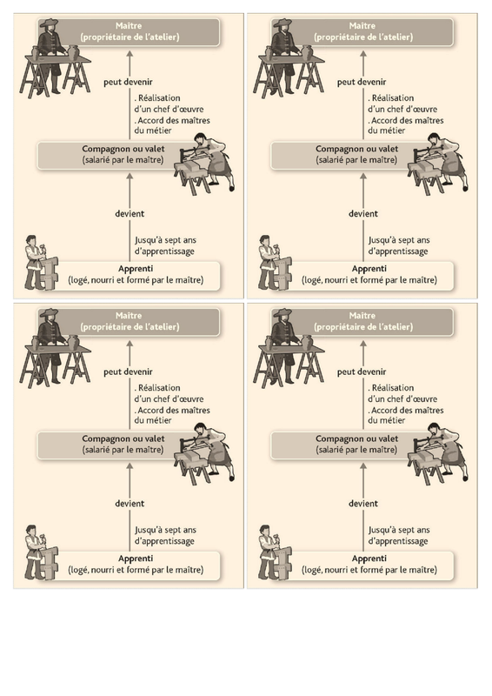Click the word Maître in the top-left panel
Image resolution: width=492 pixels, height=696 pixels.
coord(128,26)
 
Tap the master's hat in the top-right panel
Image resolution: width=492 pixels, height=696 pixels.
coord(283,23)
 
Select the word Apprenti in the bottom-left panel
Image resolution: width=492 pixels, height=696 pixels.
coord(136,559)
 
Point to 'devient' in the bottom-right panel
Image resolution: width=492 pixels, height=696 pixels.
coord(362,504)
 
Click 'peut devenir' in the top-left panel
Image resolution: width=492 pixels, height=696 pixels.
coord(128,82)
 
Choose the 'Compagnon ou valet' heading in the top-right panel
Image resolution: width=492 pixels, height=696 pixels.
coord(356,149)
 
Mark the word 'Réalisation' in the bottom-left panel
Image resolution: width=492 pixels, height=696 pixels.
coord(159,387)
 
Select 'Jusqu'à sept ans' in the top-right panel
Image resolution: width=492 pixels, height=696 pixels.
coord(399,240)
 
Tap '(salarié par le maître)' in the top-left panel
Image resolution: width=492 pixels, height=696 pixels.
coord(123,160)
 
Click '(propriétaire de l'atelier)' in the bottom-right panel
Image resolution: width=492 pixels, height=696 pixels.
coord(363,327)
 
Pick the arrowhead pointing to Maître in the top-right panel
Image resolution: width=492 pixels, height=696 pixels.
coord(362,54)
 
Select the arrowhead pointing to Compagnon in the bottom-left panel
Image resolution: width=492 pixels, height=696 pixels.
coord(130,466)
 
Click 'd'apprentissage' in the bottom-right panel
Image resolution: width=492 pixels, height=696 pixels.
coord(398,541)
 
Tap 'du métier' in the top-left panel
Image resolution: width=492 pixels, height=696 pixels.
coord(153,130)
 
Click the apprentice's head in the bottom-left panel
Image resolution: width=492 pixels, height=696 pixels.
coord(30,531)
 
